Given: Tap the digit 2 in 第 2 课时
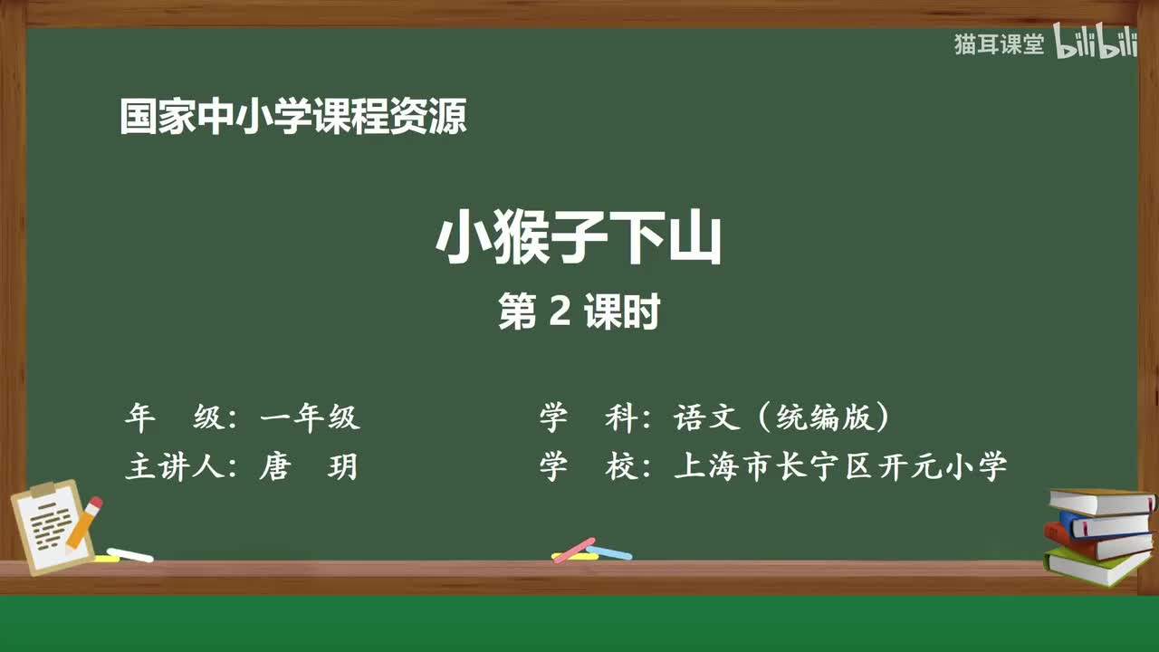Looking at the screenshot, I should (560, 312).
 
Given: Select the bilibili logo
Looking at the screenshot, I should (1096, 44).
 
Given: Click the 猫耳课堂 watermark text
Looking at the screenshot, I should (999, 44).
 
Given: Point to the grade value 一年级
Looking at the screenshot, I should (310, 417).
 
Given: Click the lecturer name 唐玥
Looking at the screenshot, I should (308, 467).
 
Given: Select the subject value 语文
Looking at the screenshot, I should (710, 417).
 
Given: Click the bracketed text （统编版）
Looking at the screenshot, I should (823, 417).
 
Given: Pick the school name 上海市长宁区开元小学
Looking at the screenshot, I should (839, 467).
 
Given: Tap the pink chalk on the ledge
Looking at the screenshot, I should (574, 550).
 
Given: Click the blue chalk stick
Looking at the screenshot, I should (609, 552).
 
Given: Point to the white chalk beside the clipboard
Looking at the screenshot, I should (130, 554).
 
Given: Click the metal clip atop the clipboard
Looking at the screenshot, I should (44, 490).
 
